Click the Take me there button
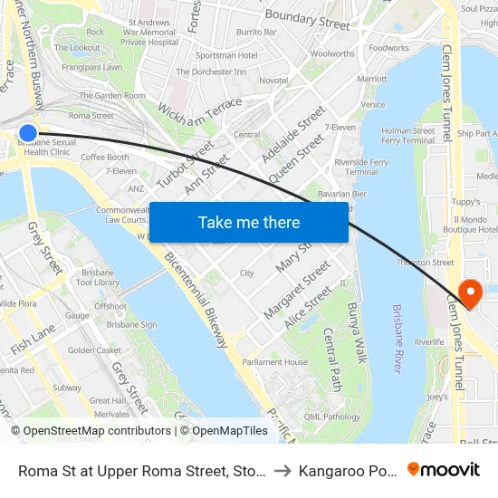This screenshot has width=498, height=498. [248, 222]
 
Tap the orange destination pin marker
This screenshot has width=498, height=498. [470, 292]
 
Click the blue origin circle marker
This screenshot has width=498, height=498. [28, 133]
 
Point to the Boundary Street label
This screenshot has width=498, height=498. [307, 20]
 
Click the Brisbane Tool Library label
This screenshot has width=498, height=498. [99, 277]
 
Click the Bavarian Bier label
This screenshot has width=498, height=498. [341, 194]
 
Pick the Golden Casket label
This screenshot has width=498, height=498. [94, 350]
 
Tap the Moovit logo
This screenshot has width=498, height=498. [443, 469]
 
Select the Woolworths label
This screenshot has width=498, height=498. [332, 53]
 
